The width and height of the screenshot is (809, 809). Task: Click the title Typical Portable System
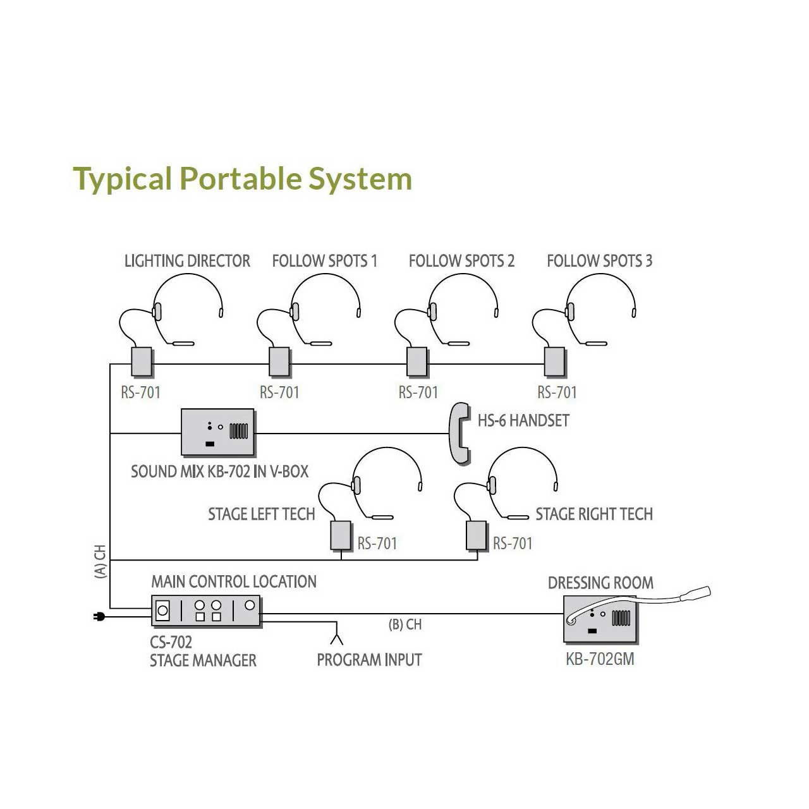pyautogui.click(x=242, y=179)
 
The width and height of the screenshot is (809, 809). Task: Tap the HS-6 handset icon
pyautogui.click(x=459, y=434)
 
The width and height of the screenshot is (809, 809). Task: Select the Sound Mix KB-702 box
pyautogui.click(x=218, y=432)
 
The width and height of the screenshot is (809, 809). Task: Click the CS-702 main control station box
pyautogui.click(x=206, y=611)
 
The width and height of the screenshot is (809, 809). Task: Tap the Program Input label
pyautogui.click(x=369, y=660)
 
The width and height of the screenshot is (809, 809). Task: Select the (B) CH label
pyautogui.click(x=405, y=625)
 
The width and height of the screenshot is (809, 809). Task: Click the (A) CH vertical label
pyautogui.click(x=100, y=562)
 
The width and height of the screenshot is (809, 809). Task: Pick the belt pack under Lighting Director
pyautogui.click(x=142, y=362)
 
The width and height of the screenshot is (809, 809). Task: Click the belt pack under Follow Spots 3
pyautogui.click(x=555, y=362)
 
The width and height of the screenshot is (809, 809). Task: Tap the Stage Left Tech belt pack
pyautogui.click(x=341, y=535)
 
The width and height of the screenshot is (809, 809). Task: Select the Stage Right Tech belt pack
pyautogui.click(x=476, y=535)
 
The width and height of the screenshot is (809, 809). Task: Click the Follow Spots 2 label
pyautogui.click(x=461, y=261)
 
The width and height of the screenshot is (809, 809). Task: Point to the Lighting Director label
pyautogui.click(x=187, y=261)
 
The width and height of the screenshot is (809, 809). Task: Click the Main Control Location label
pyautogui.click(x=234, y=581)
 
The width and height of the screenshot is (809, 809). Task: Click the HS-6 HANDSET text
pyautogui.click(x=523, y=421)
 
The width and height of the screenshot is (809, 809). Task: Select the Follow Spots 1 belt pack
pyautogui.click(x=279, y=362)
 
